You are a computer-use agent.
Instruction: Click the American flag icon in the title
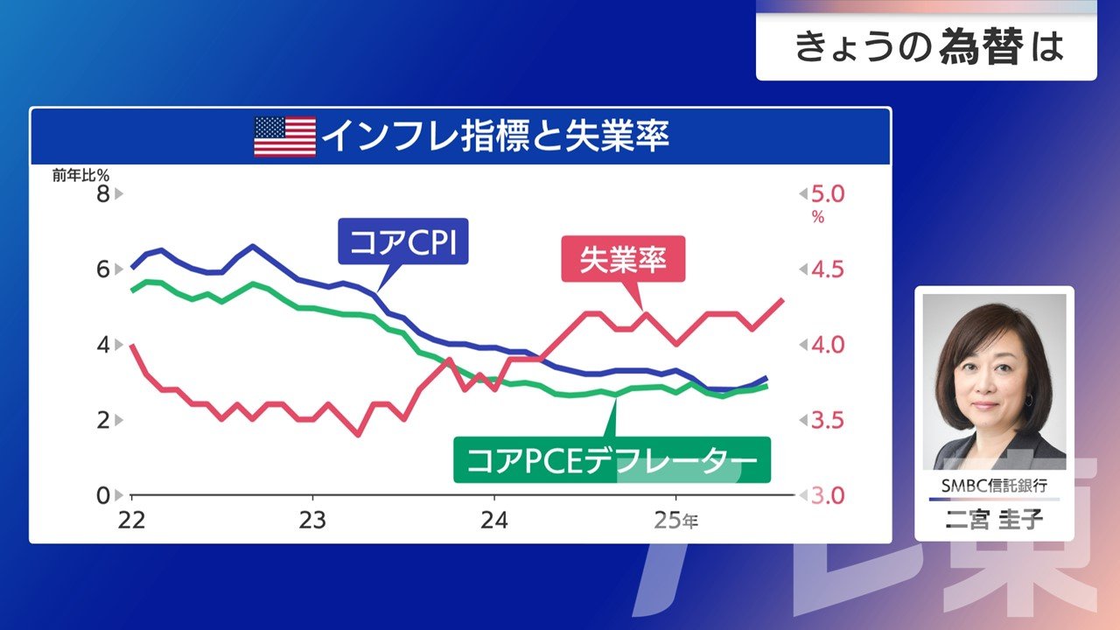[x=284, y=136]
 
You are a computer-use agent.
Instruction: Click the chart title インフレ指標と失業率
[x=495, y=136]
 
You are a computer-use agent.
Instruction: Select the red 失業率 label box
[x=622, y=261]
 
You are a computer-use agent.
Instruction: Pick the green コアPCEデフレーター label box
[x=612, y=460]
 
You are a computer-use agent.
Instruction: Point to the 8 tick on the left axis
[x=102, y=193]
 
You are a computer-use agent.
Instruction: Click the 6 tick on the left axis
[x=102, y=269]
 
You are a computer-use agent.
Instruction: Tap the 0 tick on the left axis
[x=102, y=495]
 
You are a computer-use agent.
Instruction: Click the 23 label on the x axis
[x=312, y=520]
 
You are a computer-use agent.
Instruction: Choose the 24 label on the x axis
[x=494, y=520]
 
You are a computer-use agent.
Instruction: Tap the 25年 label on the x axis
[x=677, y=521]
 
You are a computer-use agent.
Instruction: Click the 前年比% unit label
[x=80, y=175]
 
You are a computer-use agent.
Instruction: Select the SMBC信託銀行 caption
[x=994, y=485]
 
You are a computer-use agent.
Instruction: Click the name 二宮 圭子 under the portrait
[x=994, y=520]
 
